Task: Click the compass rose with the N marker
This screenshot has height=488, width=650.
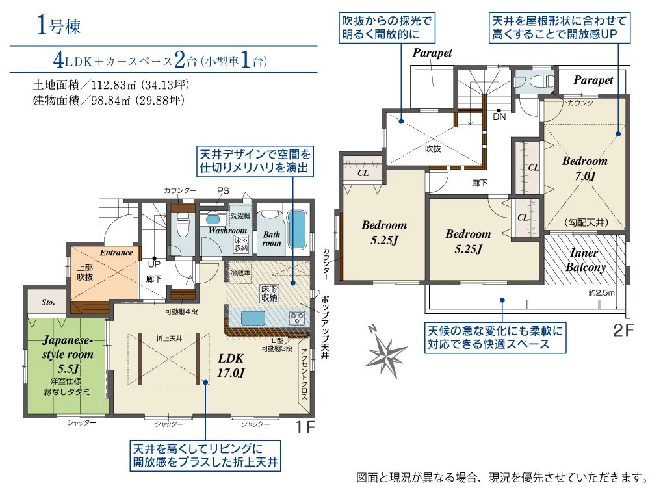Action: coord(385,353)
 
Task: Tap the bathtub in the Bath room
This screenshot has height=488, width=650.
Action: coord(296,230)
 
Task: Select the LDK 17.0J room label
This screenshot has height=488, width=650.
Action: coord(231,366)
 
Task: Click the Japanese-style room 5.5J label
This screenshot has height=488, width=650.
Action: coord(68,354)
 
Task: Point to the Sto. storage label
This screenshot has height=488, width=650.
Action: coord(48,302)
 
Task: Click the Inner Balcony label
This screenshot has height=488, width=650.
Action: coord(585,260)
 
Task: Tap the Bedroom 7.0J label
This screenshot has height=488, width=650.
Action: coord(584,168)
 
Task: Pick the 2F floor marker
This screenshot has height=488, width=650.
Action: coord(623,331)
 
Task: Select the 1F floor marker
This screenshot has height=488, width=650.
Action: coord(305,427)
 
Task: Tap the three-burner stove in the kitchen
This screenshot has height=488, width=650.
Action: coord(297,318)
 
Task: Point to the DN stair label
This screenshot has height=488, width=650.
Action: coord(499,117)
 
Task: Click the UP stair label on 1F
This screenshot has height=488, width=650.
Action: coord(154,264)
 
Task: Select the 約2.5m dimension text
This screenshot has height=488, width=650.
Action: coord(601,293)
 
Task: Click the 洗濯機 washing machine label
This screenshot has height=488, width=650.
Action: coord(240,216)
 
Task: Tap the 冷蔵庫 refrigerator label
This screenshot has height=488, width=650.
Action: coord(240,272)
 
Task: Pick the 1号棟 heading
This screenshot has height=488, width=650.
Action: coord(58,26)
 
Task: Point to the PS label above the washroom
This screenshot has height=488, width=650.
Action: coord(223,191)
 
